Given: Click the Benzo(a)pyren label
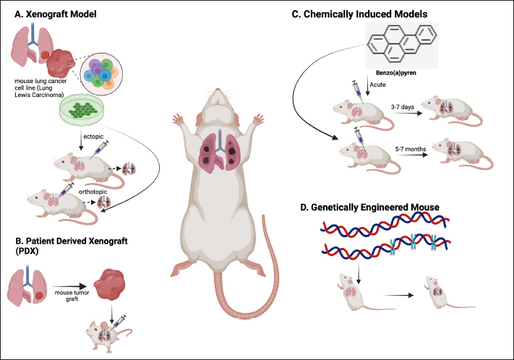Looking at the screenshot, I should pos(394,74).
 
